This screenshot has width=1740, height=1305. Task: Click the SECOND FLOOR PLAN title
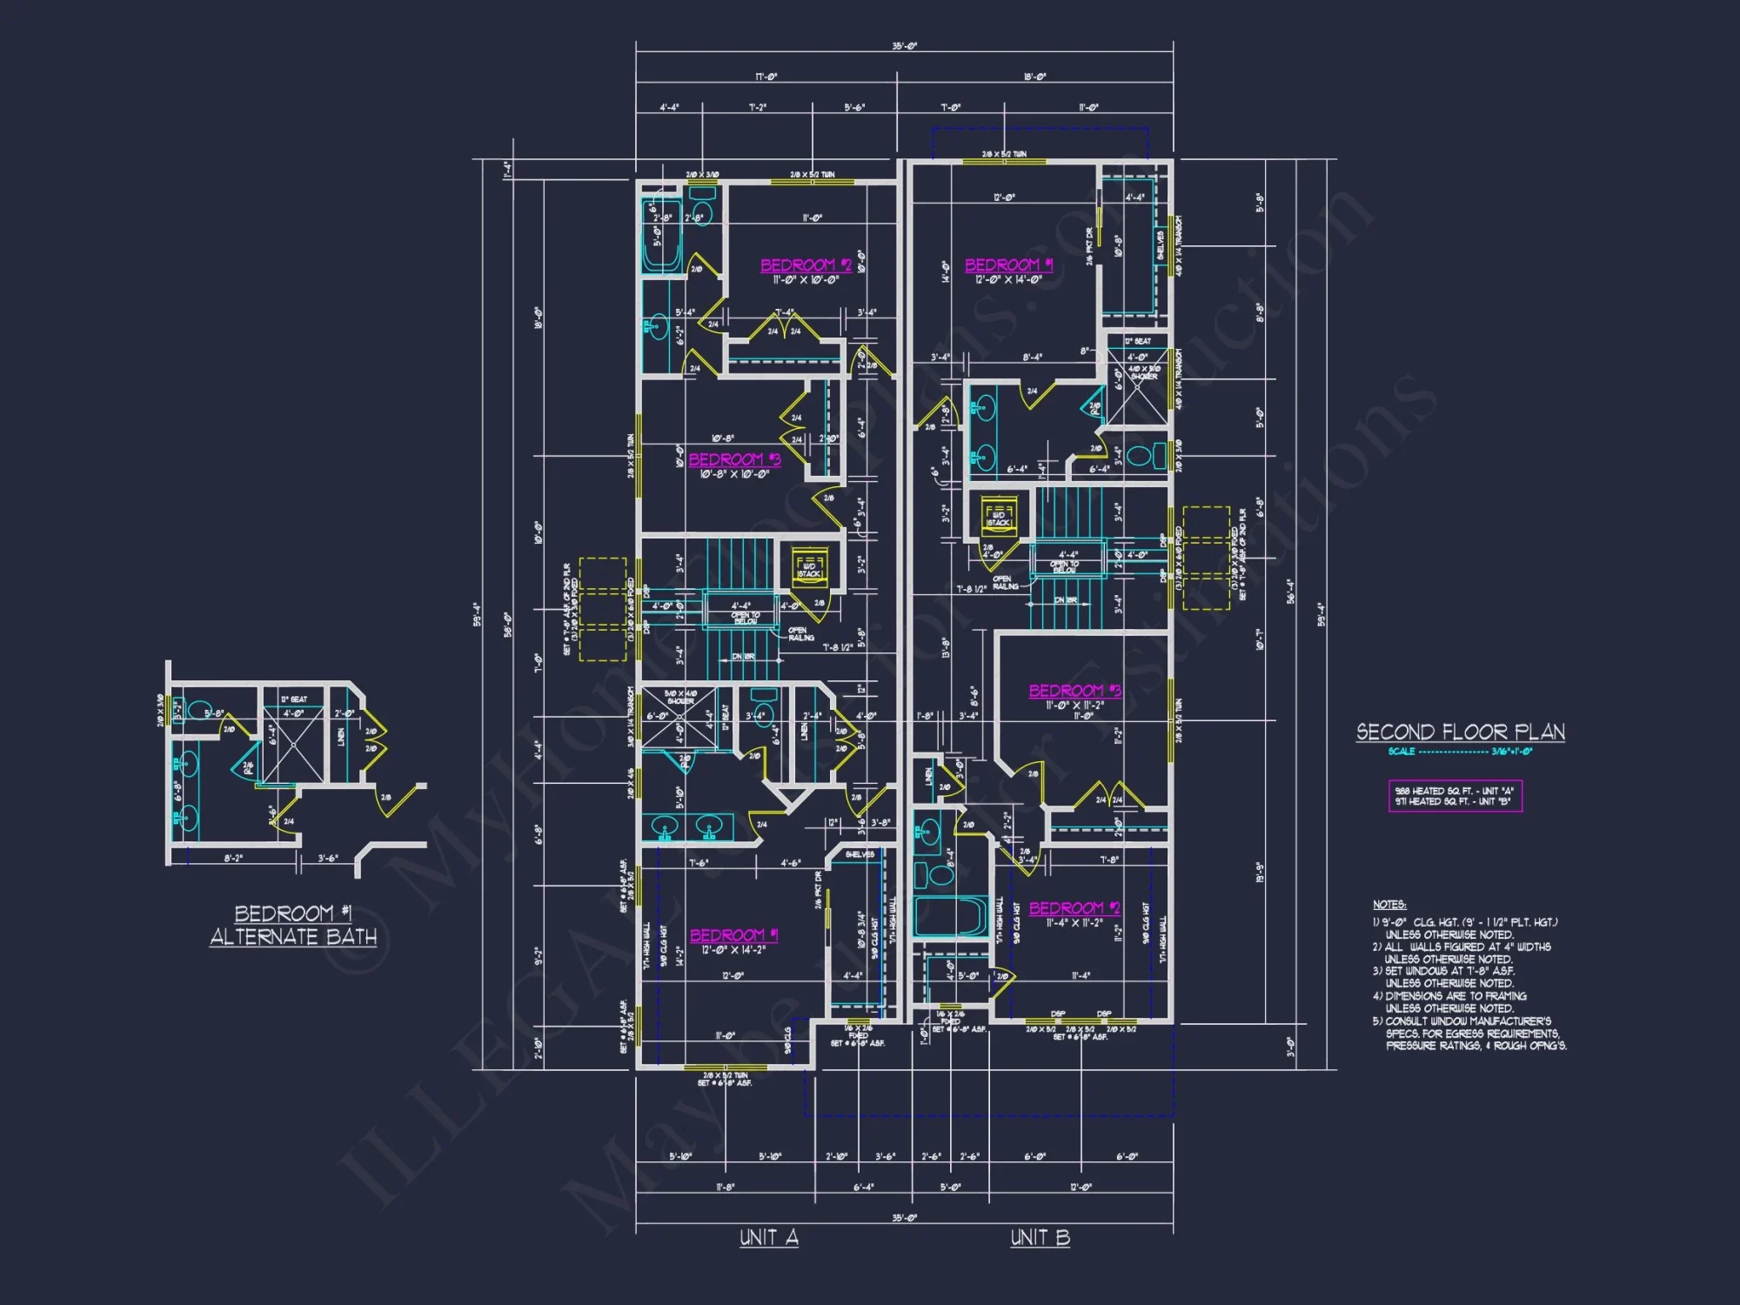pos(1460,733)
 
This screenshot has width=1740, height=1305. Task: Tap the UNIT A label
pos(769,1237)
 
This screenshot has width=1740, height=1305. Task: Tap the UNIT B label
pos(1040,1237)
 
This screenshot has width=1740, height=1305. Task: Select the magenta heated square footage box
pos(1455,796)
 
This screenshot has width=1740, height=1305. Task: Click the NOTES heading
pos(1389,905)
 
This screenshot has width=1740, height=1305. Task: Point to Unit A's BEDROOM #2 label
pos(806,265)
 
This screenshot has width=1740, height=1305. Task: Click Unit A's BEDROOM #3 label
pos(734,459)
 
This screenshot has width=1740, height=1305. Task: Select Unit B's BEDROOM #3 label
pos(1074,691)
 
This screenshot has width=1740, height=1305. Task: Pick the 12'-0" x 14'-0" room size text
pos(1007,280)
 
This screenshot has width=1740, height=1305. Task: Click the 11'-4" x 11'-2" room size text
pos(1074,922)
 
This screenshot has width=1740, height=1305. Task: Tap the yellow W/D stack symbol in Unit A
pos(809,566)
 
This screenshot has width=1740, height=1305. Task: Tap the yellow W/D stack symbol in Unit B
pos(999,515)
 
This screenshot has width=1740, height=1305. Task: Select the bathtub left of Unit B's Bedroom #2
pos(950,916)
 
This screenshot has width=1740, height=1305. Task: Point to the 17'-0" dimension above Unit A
pos(766,77)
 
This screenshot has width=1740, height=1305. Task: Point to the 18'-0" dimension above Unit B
pos(1034,77)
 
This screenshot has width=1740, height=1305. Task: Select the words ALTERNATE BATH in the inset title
pos(293,937)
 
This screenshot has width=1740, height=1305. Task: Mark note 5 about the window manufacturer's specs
pos(1470,1034)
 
